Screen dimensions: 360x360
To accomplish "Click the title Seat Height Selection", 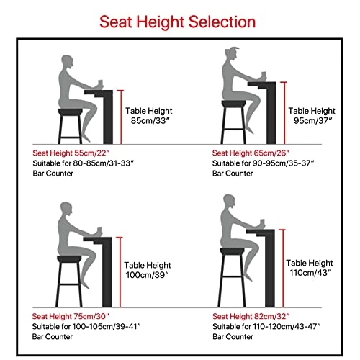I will click(180, 22).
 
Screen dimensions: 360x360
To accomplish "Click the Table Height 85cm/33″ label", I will click(149, 116).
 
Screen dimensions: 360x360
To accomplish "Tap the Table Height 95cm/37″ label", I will click(312, 116).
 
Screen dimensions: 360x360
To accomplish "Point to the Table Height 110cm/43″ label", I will click(310, 269).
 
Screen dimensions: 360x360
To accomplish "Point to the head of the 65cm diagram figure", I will click(232, 55).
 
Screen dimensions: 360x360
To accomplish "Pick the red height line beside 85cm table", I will click(120, 115).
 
